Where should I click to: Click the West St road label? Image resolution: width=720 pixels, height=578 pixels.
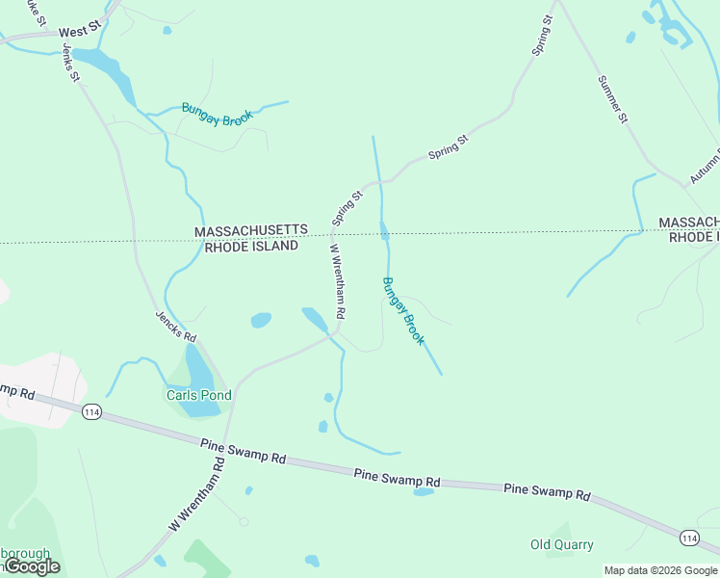point(79,32)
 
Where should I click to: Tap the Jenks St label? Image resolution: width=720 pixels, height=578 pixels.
point(69,63)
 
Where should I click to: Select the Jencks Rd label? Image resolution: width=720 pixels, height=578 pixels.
point(176,327)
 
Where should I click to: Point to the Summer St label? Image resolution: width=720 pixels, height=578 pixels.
point(612,100)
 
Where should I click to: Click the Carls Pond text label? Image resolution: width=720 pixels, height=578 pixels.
point(199,395)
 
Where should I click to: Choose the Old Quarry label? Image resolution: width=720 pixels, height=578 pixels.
point(562,544)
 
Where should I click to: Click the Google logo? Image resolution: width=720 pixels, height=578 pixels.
point(32,566)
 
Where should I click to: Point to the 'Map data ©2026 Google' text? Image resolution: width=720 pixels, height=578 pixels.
point(661,570)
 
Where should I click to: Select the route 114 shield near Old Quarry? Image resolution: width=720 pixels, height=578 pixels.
point(688,537)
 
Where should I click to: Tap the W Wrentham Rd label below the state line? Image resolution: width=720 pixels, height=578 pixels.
point(337,281)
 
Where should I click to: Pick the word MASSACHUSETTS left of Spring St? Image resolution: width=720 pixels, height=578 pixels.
point(251,231)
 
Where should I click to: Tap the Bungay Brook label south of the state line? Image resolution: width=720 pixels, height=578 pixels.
point(403,311)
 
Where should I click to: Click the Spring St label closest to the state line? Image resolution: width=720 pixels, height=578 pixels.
point(347,208)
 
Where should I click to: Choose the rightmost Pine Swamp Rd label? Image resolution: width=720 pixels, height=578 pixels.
point(547,491)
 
